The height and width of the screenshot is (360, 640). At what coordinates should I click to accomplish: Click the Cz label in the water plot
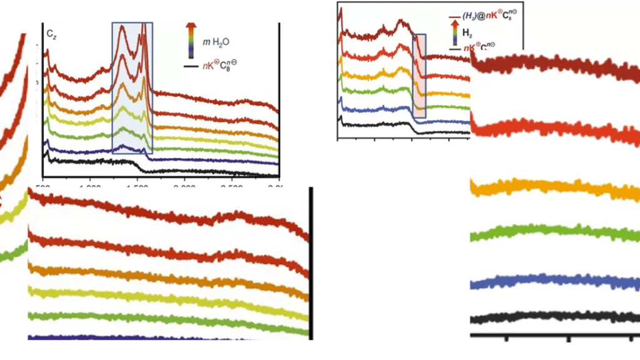(50, 31)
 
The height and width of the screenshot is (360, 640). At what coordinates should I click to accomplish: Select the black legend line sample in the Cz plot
(191, 65)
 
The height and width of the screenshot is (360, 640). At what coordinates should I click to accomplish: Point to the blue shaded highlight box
(132, 87)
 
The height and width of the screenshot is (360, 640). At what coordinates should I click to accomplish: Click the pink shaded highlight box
(419, 76)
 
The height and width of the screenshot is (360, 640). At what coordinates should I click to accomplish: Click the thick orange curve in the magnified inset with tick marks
(556, 187)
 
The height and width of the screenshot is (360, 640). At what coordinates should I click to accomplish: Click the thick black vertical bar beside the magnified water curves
(310, 262)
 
